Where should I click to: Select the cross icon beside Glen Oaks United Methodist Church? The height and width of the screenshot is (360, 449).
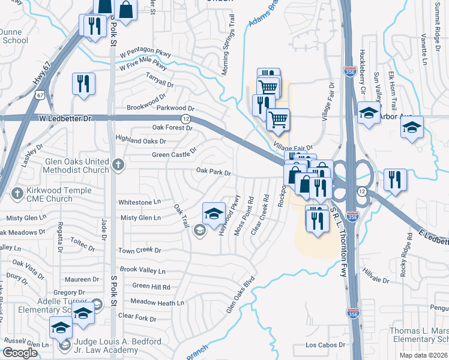pos(119,163)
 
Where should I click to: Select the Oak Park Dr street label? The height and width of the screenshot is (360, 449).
pos(214,172)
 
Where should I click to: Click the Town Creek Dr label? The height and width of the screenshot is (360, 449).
pos(140,250)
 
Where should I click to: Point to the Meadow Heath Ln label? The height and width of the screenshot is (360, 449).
pos(157,303)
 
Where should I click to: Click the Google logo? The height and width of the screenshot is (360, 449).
pos(20,353)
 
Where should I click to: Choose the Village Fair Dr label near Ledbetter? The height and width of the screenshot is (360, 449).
pos(293,147)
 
